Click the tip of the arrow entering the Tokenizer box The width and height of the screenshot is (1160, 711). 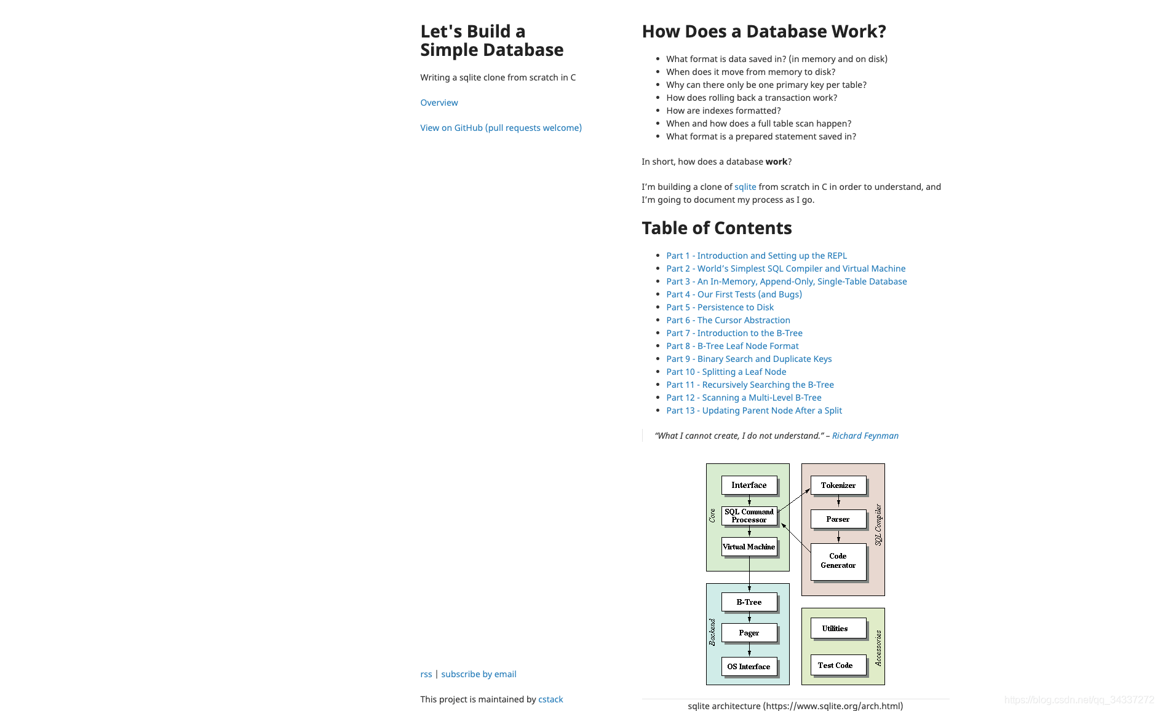coord(810,489)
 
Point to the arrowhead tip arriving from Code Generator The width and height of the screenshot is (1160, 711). coord(781,523)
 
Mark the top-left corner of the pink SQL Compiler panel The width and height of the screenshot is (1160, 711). coord(801,464)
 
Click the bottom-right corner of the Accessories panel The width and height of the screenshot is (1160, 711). coord(884,685)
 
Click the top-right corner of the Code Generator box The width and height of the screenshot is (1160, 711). coord(866,544)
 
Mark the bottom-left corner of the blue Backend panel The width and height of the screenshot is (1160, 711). coord(707,685)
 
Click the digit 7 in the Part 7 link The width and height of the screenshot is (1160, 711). coord(688,333)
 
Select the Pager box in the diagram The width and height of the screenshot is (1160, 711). coord(749,633)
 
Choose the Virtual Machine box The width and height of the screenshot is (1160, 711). coord(749,547)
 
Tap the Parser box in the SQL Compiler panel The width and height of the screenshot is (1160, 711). coord(838,519)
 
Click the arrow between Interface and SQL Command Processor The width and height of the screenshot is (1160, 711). coord(749,500)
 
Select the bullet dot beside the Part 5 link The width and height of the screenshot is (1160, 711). coord(658,307)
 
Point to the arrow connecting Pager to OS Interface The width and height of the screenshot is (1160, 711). coord(749,650)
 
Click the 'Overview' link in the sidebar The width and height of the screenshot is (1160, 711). coord(439,103)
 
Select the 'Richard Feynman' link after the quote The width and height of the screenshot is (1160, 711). coord(865,436)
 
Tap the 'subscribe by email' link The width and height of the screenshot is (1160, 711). coord(479,674)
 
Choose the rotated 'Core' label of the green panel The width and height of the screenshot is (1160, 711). coord(712,516)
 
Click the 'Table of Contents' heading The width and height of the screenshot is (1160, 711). coord(717,228)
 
